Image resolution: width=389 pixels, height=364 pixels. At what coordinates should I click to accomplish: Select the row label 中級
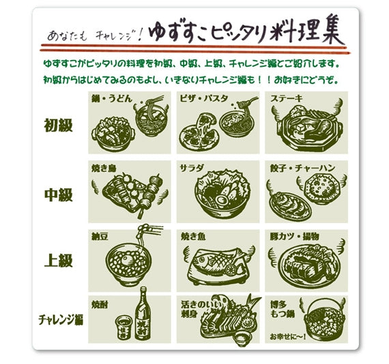point(58,194)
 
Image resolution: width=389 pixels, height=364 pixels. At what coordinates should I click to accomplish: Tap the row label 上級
point(58,260)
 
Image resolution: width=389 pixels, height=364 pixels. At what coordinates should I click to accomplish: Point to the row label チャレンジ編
point(61,318)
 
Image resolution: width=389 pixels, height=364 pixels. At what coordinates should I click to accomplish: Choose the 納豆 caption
point(100,236)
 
